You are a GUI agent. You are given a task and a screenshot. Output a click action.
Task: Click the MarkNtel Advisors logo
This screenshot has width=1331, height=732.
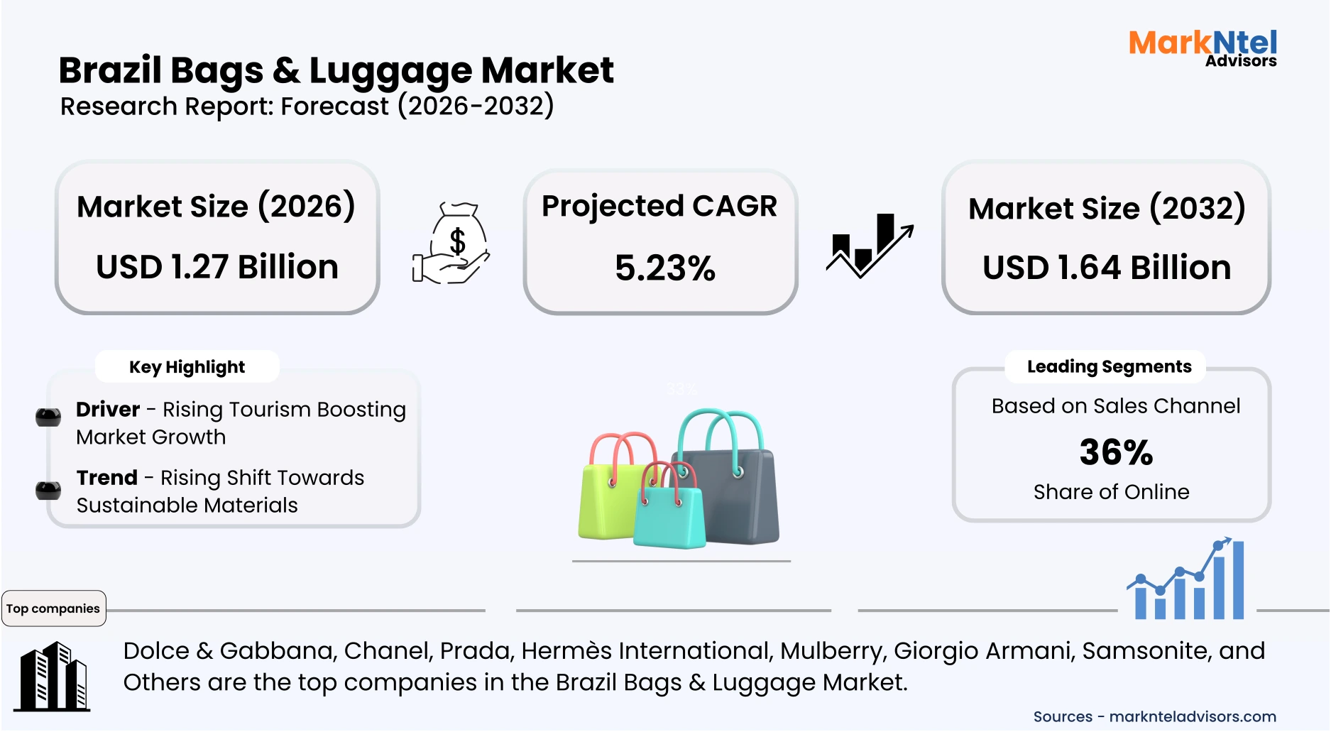1203,48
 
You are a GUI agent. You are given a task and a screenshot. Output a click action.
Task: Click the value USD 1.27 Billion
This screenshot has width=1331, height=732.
217,267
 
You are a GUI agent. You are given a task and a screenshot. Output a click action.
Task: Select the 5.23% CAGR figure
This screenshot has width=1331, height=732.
664,268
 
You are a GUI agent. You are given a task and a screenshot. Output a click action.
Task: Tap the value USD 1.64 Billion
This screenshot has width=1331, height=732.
1106,268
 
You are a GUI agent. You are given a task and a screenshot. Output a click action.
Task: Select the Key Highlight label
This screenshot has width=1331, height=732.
187,367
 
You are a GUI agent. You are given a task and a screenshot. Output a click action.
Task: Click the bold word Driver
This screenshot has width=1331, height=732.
108,410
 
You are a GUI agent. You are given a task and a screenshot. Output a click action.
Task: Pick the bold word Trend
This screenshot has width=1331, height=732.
107,478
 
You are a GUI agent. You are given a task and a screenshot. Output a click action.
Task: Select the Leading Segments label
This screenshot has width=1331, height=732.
1109,366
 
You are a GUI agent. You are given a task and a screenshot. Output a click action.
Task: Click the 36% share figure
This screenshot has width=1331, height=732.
1116,452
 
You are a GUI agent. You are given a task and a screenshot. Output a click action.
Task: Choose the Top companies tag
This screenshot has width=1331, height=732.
53,608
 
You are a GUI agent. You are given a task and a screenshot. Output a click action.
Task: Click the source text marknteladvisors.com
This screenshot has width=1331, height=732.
1193,717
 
